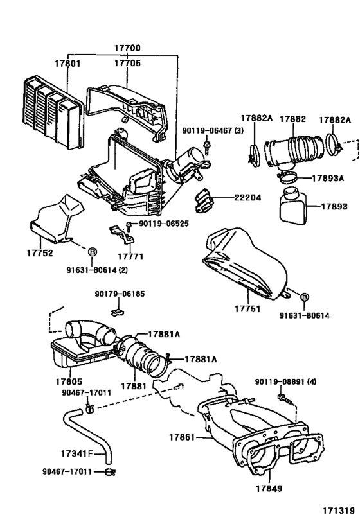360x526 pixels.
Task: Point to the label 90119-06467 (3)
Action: click(210, 130)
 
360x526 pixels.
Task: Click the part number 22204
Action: click(248, 198)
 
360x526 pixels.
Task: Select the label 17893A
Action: click(329, 178)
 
